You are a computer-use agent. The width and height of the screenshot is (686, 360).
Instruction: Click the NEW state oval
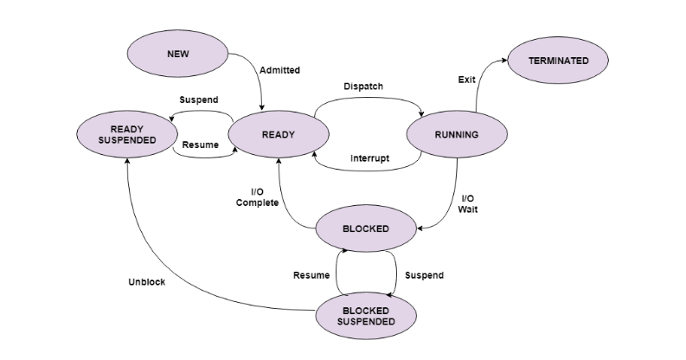177,54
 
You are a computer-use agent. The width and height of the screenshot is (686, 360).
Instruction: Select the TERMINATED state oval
559,61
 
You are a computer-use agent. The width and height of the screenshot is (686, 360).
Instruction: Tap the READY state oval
279,134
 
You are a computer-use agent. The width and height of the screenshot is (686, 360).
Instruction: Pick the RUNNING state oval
456,134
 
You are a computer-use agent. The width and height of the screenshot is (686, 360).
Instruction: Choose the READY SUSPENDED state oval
126,134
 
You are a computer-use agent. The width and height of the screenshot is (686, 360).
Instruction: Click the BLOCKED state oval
366,228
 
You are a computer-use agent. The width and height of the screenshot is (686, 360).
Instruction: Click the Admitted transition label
279,70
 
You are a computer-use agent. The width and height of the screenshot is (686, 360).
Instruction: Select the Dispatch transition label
363,87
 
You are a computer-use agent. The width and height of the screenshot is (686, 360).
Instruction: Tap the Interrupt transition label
369,158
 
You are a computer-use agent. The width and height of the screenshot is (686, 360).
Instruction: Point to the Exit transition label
466,80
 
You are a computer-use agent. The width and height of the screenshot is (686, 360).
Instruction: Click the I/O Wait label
468,203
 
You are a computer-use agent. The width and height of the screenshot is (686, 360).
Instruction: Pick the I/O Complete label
258,196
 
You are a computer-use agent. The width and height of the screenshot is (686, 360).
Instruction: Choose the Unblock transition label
146,282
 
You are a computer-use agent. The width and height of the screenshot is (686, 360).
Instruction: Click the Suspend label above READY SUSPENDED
199,100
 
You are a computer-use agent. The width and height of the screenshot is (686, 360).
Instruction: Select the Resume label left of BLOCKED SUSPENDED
311,275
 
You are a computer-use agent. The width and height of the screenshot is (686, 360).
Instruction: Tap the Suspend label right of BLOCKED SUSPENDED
425,275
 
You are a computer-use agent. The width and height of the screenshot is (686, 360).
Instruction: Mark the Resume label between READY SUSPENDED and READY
200,145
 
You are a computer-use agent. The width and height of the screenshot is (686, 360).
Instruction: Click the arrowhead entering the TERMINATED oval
504,61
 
